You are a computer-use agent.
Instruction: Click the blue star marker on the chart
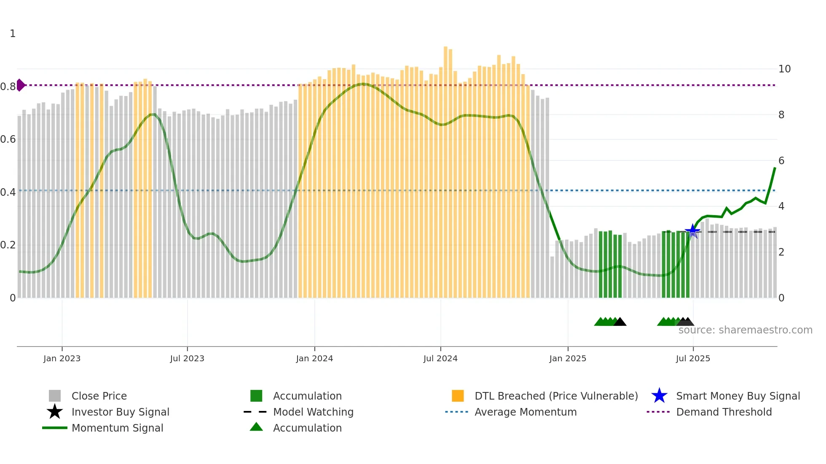(692, 231)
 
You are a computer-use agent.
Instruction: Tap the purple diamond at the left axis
(20, 85)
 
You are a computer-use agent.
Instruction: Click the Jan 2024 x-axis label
(314, 359)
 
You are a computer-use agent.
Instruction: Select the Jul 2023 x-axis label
(187, 359)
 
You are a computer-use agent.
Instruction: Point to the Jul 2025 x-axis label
(693, 359)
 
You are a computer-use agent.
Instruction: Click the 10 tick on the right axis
(784, 69)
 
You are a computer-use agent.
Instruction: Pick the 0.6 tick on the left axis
(8, 139)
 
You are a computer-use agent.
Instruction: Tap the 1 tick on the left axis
(13, 34)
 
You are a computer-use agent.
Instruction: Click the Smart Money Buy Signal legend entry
(737, 396)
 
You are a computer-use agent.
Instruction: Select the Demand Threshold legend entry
(724, 412)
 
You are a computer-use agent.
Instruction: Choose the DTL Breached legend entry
(556, 396)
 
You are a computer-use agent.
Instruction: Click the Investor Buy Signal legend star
(55, 412)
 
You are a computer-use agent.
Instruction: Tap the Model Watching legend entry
(313, 412)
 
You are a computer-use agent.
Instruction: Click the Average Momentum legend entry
(525, 412)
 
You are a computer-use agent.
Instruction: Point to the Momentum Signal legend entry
(117, 428)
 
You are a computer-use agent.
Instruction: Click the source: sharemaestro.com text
(745, 330)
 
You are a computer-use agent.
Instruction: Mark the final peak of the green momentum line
(775, 168)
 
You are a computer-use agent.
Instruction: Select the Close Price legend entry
(99, 396)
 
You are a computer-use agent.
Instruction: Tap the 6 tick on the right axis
(781, 161)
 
